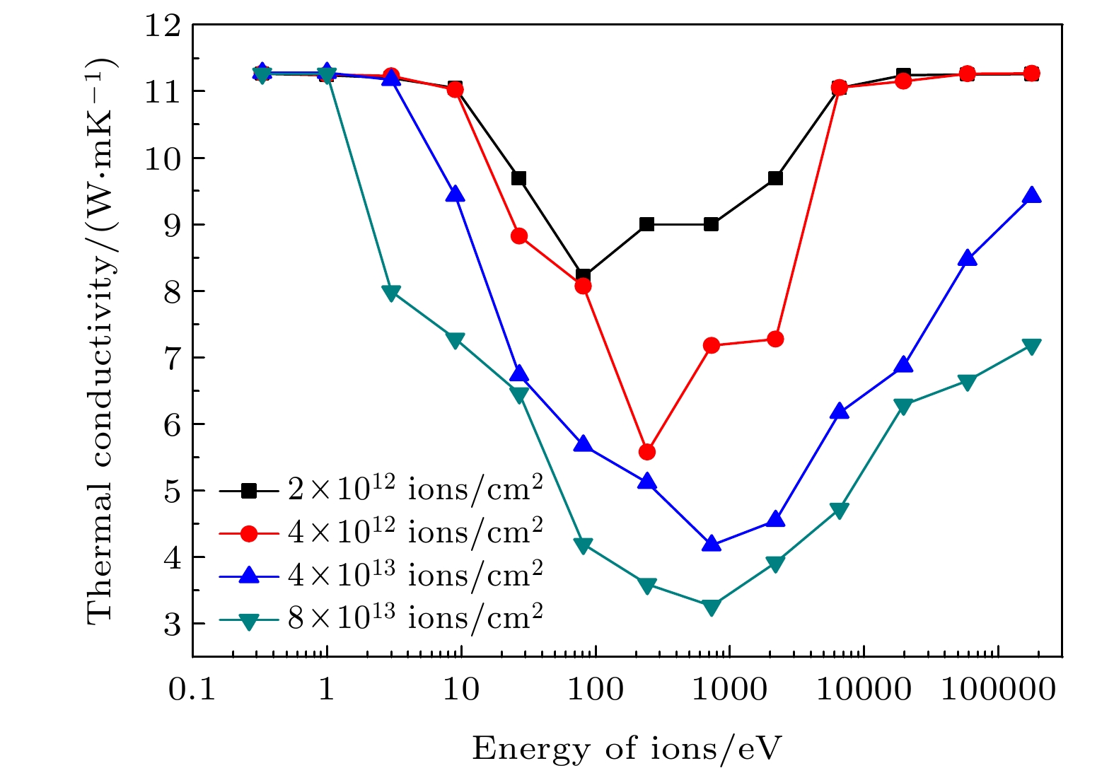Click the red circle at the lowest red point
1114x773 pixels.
coord(646,452)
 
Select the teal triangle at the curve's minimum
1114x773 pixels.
coord(712,607)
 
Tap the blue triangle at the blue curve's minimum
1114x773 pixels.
coord(712,545)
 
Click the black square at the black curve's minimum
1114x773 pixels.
coord(583,276)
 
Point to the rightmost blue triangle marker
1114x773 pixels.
coord(1031,196)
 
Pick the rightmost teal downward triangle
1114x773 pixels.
coord(1031,346)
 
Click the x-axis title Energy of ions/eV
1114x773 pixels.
coord(627,748)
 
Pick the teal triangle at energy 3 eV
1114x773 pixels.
coord(391,293)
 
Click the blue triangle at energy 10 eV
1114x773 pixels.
coord(456,194)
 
